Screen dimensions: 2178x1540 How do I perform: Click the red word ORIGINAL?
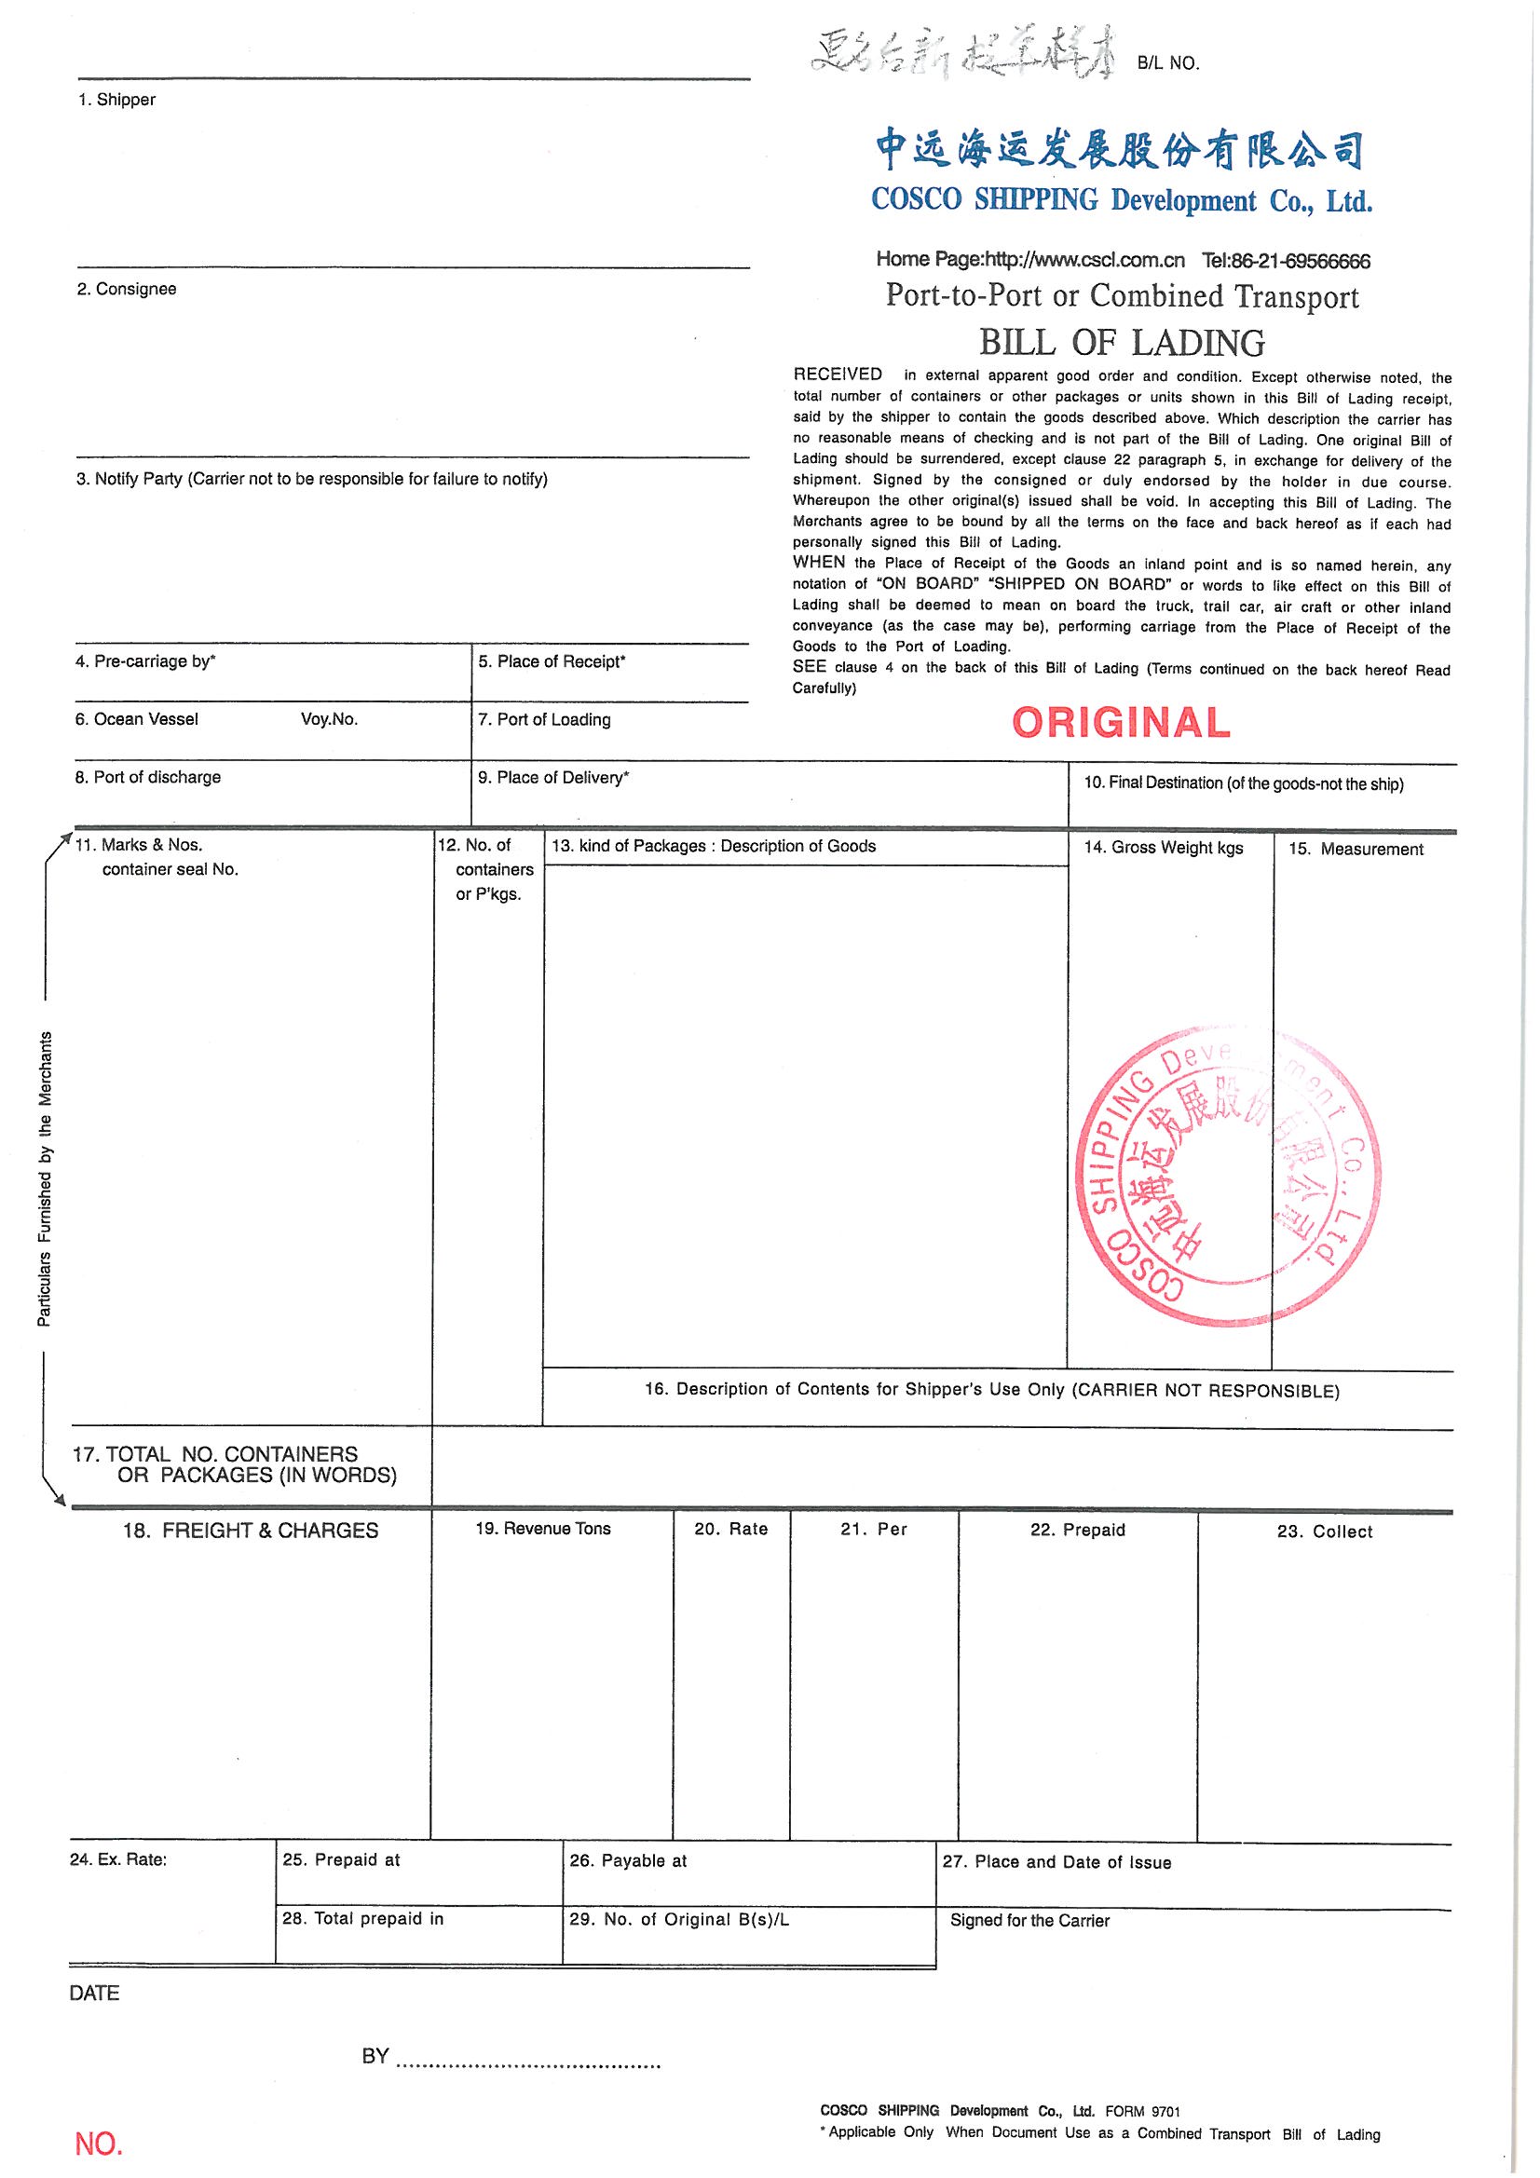click(x=1121, y=723)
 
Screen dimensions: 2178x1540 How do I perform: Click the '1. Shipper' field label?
click(x=116, y=100)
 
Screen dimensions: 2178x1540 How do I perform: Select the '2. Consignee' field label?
click(x=126, y=289)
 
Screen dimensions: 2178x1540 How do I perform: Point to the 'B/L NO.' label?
click(x=1168, y=63)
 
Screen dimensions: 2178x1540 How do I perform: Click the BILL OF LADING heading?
click(x=1122, y=342)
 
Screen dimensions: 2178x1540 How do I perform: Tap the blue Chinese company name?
click(x=1120, y=150)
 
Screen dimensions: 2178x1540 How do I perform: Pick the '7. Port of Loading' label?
click(x=544, y=719)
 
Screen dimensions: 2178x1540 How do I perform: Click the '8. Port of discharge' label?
click(x=148, y=777)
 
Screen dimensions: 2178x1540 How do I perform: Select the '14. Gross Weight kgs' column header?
click(x=1164, y=847)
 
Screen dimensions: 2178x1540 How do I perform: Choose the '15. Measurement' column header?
click(x=1356, y=849)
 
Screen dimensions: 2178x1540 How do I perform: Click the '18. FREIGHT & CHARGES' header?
click(x=251, y=1531)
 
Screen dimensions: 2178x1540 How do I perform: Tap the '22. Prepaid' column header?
click(x=1077, y=1531)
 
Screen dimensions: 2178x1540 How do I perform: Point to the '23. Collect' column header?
click(x=1325, y=1531)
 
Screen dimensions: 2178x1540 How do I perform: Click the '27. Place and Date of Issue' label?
click(x=1056, y=1862)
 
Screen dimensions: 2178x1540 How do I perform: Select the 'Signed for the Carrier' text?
click(x=1029, y=1920)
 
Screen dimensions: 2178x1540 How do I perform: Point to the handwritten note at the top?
click(x=961, y=61)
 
